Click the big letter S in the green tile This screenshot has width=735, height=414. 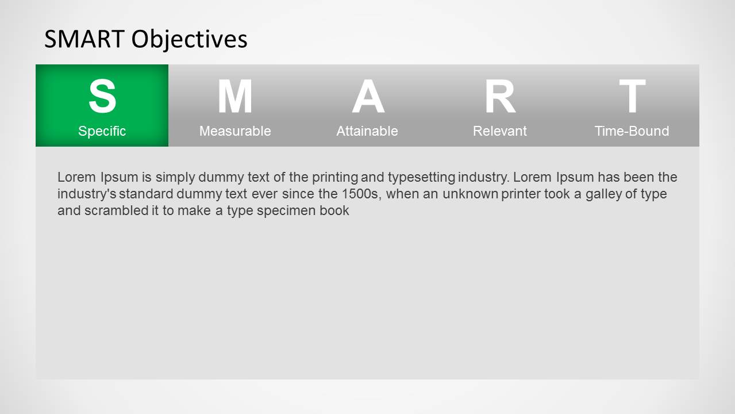[102, 96]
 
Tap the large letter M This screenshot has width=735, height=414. [235, 96]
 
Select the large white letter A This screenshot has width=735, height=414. [368, 96]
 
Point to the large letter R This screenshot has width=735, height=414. [500, 96]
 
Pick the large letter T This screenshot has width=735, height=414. [632, 96]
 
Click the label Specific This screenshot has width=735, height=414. [102, 131]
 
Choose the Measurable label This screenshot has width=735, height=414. [235, 131]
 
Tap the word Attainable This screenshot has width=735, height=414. [367, 131]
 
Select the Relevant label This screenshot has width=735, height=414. [500, 131]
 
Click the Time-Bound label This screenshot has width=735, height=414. [632, 131]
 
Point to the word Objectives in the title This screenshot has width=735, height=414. [189, 40]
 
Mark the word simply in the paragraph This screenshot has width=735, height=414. [175, 178]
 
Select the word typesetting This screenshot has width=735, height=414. [421, 178]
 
